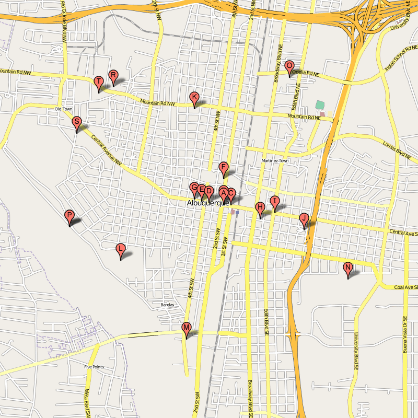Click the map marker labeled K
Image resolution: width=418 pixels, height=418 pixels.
pyautogui.click(x=194, y=97)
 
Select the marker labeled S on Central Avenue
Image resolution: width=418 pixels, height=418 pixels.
pyautogui.click(x=77, y=123)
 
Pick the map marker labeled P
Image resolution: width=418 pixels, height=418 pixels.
pyautogui.click(x=69, y=215)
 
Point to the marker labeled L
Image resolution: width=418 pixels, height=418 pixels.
pyautogui.click(x=121, y=249)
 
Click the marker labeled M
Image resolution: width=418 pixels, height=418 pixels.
pyautogui.click(x=186, y=328)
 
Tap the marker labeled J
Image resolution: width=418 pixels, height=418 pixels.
pyautogui.click(x=304, y=218)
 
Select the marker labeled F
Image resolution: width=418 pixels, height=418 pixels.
pyautogui.click(x=224, y=168)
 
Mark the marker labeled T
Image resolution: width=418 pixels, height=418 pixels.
pyautogui.click(x=98, y=82)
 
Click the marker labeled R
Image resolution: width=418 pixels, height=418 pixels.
pyautogui.click(x=113, y=76)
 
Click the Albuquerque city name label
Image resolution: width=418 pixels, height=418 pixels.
pyautogui.click(x=208, y=203)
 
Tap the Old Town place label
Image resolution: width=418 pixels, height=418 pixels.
pyautogui.click(x=64, y=109)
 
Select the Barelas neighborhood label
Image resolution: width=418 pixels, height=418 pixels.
pyautogui.click(x=167, y=305)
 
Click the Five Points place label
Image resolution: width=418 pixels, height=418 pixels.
pyautogui.click(x=94, y=367)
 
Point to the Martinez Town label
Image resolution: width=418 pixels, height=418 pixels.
pyautogui.click(x=275, y=160)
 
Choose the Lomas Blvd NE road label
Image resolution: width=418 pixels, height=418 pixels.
pyautogui.click(x=397, y=149)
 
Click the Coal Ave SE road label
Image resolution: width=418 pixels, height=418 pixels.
pyautogui.click(x=407, y=287)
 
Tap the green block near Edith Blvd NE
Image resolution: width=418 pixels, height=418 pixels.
pyautogui.click(x=320, y=104)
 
